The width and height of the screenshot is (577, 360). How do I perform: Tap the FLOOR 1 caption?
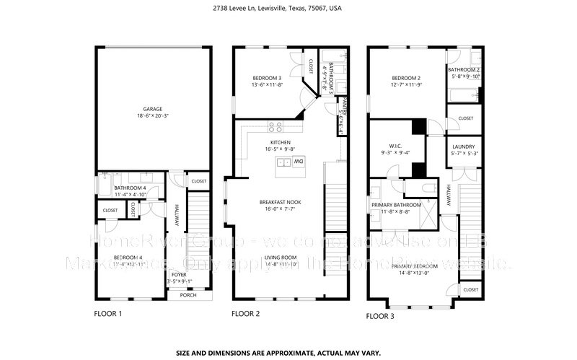(x=108, y=315)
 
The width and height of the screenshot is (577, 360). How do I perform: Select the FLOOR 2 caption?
(x=245, y=315)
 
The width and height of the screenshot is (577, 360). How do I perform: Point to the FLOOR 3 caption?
(x=381, y=316)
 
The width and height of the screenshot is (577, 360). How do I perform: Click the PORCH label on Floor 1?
(x=188, y=295)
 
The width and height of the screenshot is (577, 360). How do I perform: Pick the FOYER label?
(x=177, y=275)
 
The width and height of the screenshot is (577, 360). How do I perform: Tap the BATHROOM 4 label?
(x=130, y=187)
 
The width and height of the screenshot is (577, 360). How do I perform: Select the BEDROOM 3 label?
(x=267, y=78)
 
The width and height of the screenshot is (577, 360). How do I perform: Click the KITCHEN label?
(x=280, y=143)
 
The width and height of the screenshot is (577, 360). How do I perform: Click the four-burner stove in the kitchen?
(x=276, y=127)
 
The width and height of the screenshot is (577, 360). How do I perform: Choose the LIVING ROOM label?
(x=280, y=258)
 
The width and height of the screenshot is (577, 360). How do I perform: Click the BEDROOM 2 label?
(x=405, y=78)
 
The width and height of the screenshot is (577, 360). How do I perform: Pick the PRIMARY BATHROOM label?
(x=396, y=205)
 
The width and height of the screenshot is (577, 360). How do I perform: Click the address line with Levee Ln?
(x=288, y=9)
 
